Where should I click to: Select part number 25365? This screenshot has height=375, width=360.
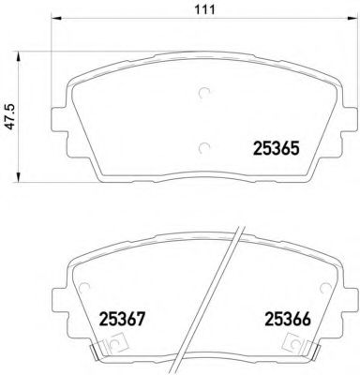(277, 146)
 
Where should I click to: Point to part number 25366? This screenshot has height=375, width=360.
(287, 320)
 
